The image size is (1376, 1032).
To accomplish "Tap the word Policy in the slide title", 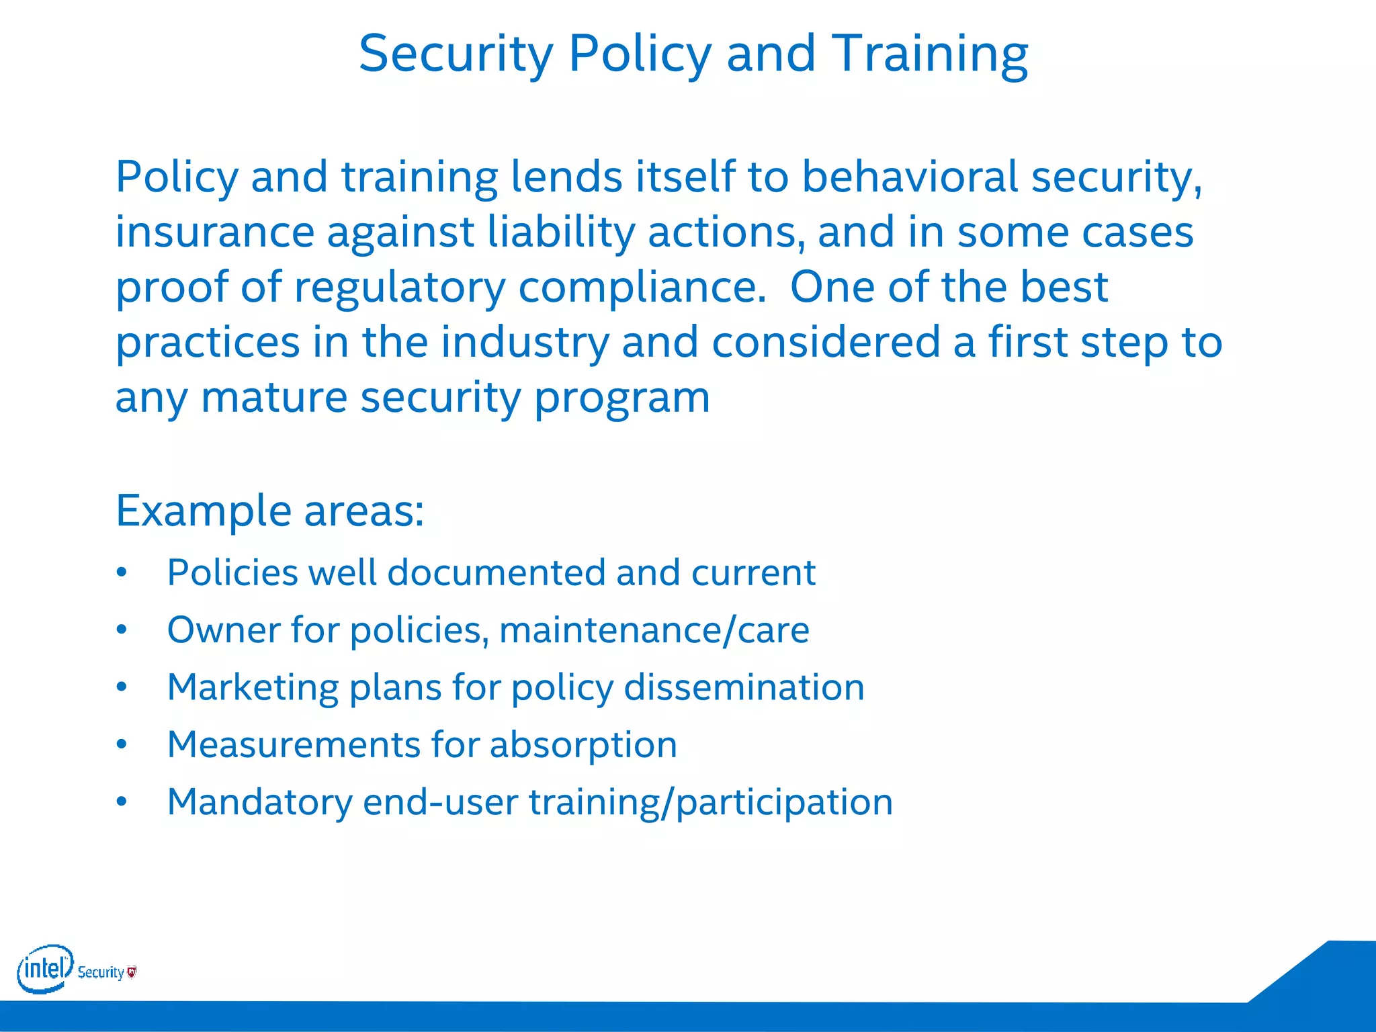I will coord(640,54).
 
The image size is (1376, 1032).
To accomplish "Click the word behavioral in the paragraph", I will coord(910,177).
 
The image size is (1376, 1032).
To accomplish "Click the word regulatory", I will coord(400,288).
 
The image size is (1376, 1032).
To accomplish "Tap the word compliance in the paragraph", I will coord(642,288).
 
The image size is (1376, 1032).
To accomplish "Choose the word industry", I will coord(524,342).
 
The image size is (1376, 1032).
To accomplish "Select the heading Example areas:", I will coord(270,511).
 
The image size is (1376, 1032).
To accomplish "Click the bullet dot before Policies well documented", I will coord(121,573).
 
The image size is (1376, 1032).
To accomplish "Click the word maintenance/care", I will coord(654,630).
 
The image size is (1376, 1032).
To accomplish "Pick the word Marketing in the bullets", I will coord(253,687).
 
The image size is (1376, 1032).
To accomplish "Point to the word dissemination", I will coord(744,687).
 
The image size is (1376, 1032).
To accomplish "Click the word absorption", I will coord(583,745).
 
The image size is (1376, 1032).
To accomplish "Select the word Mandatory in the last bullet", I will coord(259,802).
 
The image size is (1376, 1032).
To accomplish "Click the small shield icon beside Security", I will coord(132,972).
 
